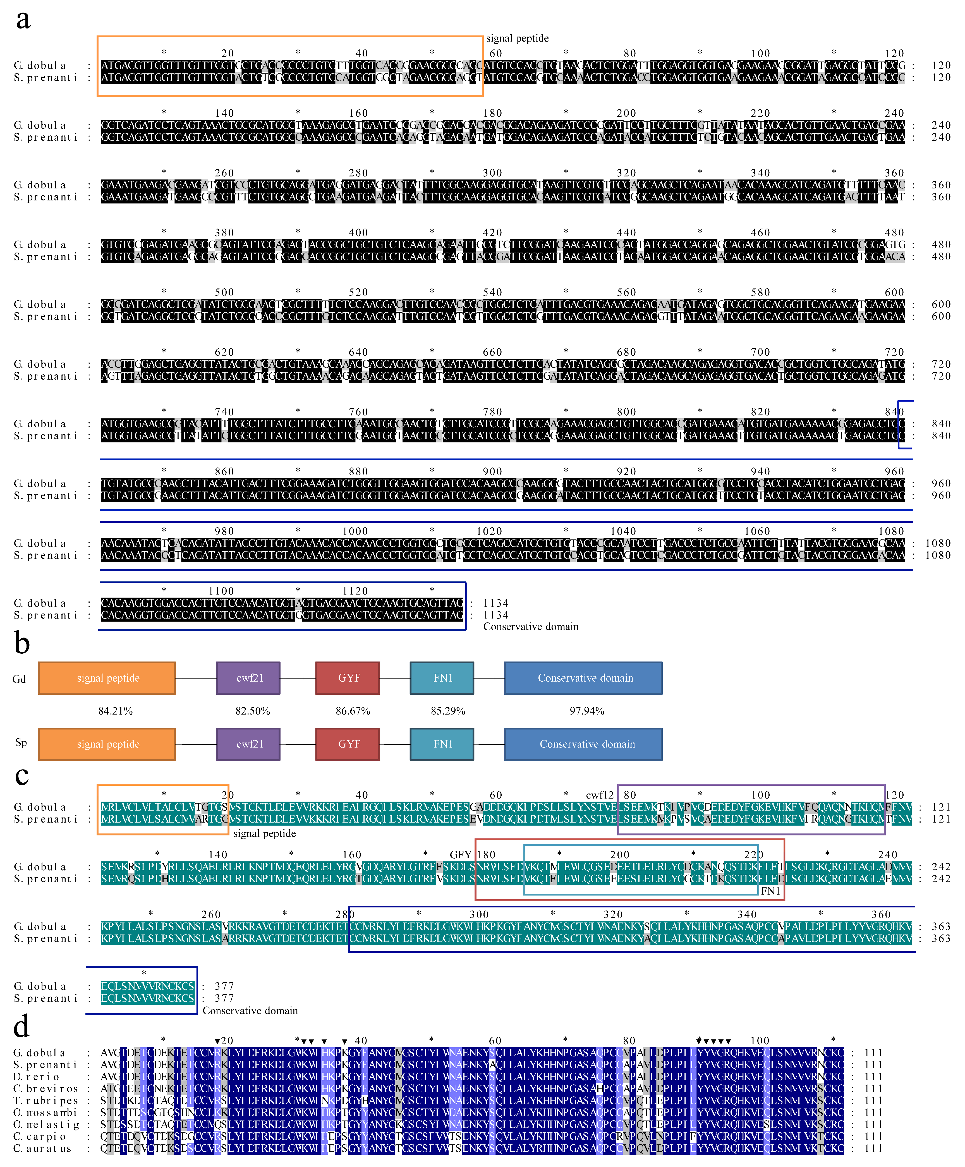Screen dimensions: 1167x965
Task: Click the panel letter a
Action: [23, 20]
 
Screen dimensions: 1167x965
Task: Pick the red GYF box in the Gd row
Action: [348, 678]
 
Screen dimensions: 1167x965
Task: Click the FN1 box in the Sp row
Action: [442, 744]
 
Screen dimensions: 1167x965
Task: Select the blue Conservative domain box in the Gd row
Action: [583, 678]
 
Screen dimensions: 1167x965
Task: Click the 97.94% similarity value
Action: [587, 711]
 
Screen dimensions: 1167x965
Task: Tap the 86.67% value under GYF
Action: [353, 711]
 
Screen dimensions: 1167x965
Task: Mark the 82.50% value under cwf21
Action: [253, 711]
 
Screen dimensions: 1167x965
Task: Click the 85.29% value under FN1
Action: [448, 711]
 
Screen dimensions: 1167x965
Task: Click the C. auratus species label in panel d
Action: [42, 1149]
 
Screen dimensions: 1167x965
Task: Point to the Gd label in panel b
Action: [20, 679]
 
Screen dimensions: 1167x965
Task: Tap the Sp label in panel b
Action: [21, 742]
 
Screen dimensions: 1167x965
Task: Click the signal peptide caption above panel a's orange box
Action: [517, 38]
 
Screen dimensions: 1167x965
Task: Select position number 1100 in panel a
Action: [221, 591]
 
